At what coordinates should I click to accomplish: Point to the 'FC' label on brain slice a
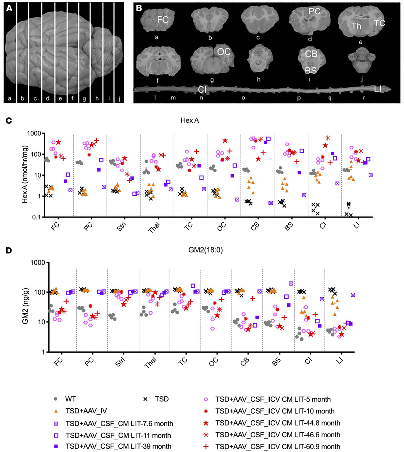163,20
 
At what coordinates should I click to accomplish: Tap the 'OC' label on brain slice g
223,50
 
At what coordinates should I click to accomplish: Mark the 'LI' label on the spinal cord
379,89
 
